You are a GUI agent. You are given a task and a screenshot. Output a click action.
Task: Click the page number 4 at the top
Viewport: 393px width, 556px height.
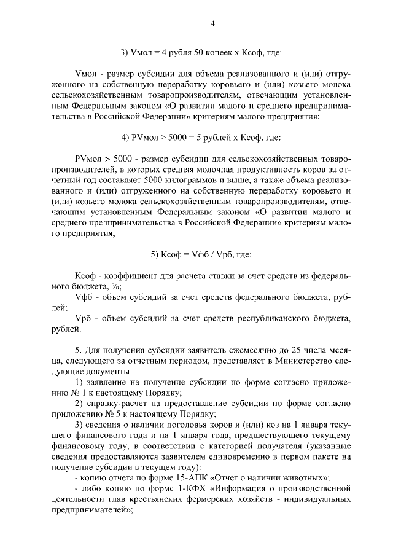[x=212, y=23]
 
